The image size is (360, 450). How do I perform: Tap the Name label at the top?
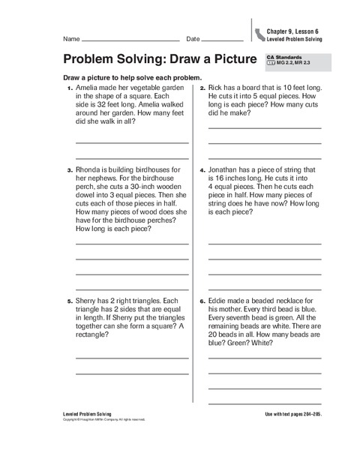(x=71, y=38)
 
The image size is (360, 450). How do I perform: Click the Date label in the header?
(x=193, y=38)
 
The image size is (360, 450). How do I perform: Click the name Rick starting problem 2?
(x=216, y=88)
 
